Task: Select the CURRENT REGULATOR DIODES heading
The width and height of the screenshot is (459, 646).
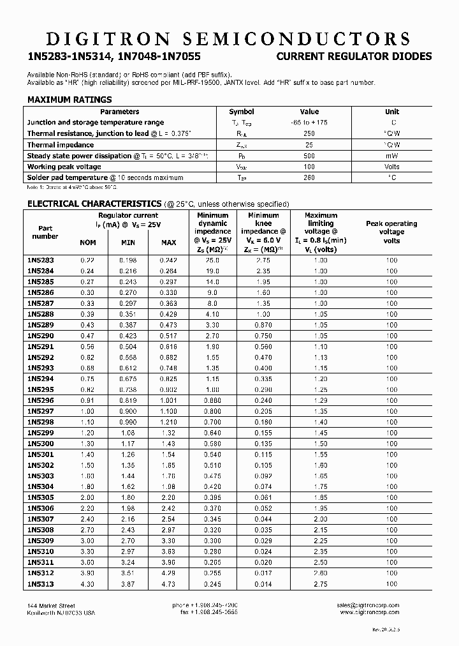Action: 354,57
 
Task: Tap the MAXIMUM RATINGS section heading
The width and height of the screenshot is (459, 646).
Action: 69,100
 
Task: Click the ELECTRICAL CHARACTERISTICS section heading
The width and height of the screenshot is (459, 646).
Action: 94,204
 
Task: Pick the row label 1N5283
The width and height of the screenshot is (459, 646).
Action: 40,260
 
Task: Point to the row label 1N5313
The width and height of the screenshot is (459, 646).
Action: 40,583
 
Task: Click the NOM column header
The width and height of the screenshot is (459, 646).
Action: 87,243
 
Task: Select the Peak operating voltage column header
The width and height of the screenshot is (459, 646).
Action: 391,232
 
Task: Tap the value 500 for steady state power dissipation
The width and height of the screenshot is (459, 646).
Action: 309,156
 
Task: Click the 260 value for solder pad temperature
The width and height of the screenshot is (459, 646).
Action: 309,178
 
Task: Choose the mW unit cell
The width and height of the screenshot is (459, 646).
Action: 392,156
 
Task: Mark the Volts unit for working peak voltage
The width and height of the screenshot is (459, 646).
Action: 392,167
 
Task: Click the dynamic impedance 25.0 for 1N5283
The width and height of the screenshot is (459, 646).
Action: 212,260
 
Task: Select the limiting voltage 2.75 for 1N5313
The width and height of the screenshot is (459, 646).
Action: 321,583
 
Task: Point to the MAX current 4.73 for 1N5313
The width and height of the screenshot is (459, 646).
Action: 168,583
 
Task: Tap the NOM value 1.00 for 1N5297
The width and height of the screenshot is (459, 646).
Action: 87,412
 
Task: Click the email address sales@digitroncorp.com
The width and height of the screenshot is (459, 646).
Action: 368,605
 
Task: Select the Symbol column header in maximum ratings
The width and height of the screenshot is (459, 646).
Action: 241,111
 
